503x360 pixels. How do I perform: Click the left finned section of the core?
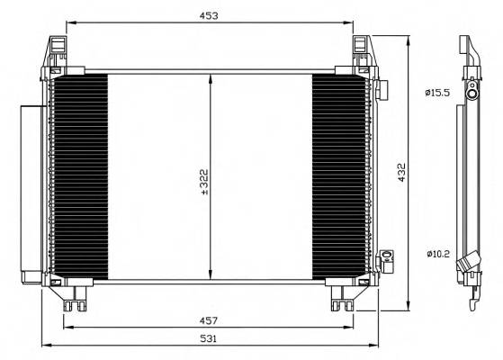pyautogui.click(x=81, y=176)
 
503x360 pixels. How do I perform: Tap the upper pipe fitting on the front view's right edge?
pyautogui.click(x=382, y=90)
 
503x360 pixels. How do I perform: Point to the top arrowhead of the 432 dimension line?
pyautogui.click(x=410, y=40)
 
